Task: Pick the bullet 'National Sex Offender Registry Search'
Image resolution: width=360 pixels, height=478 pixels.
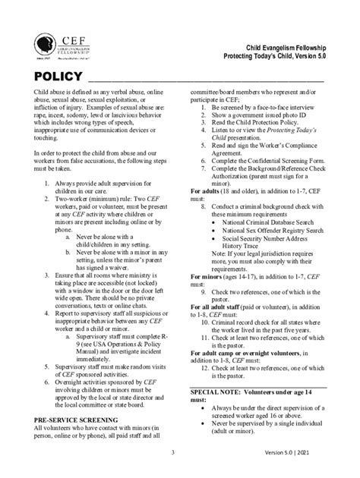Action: click(271, 233)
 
